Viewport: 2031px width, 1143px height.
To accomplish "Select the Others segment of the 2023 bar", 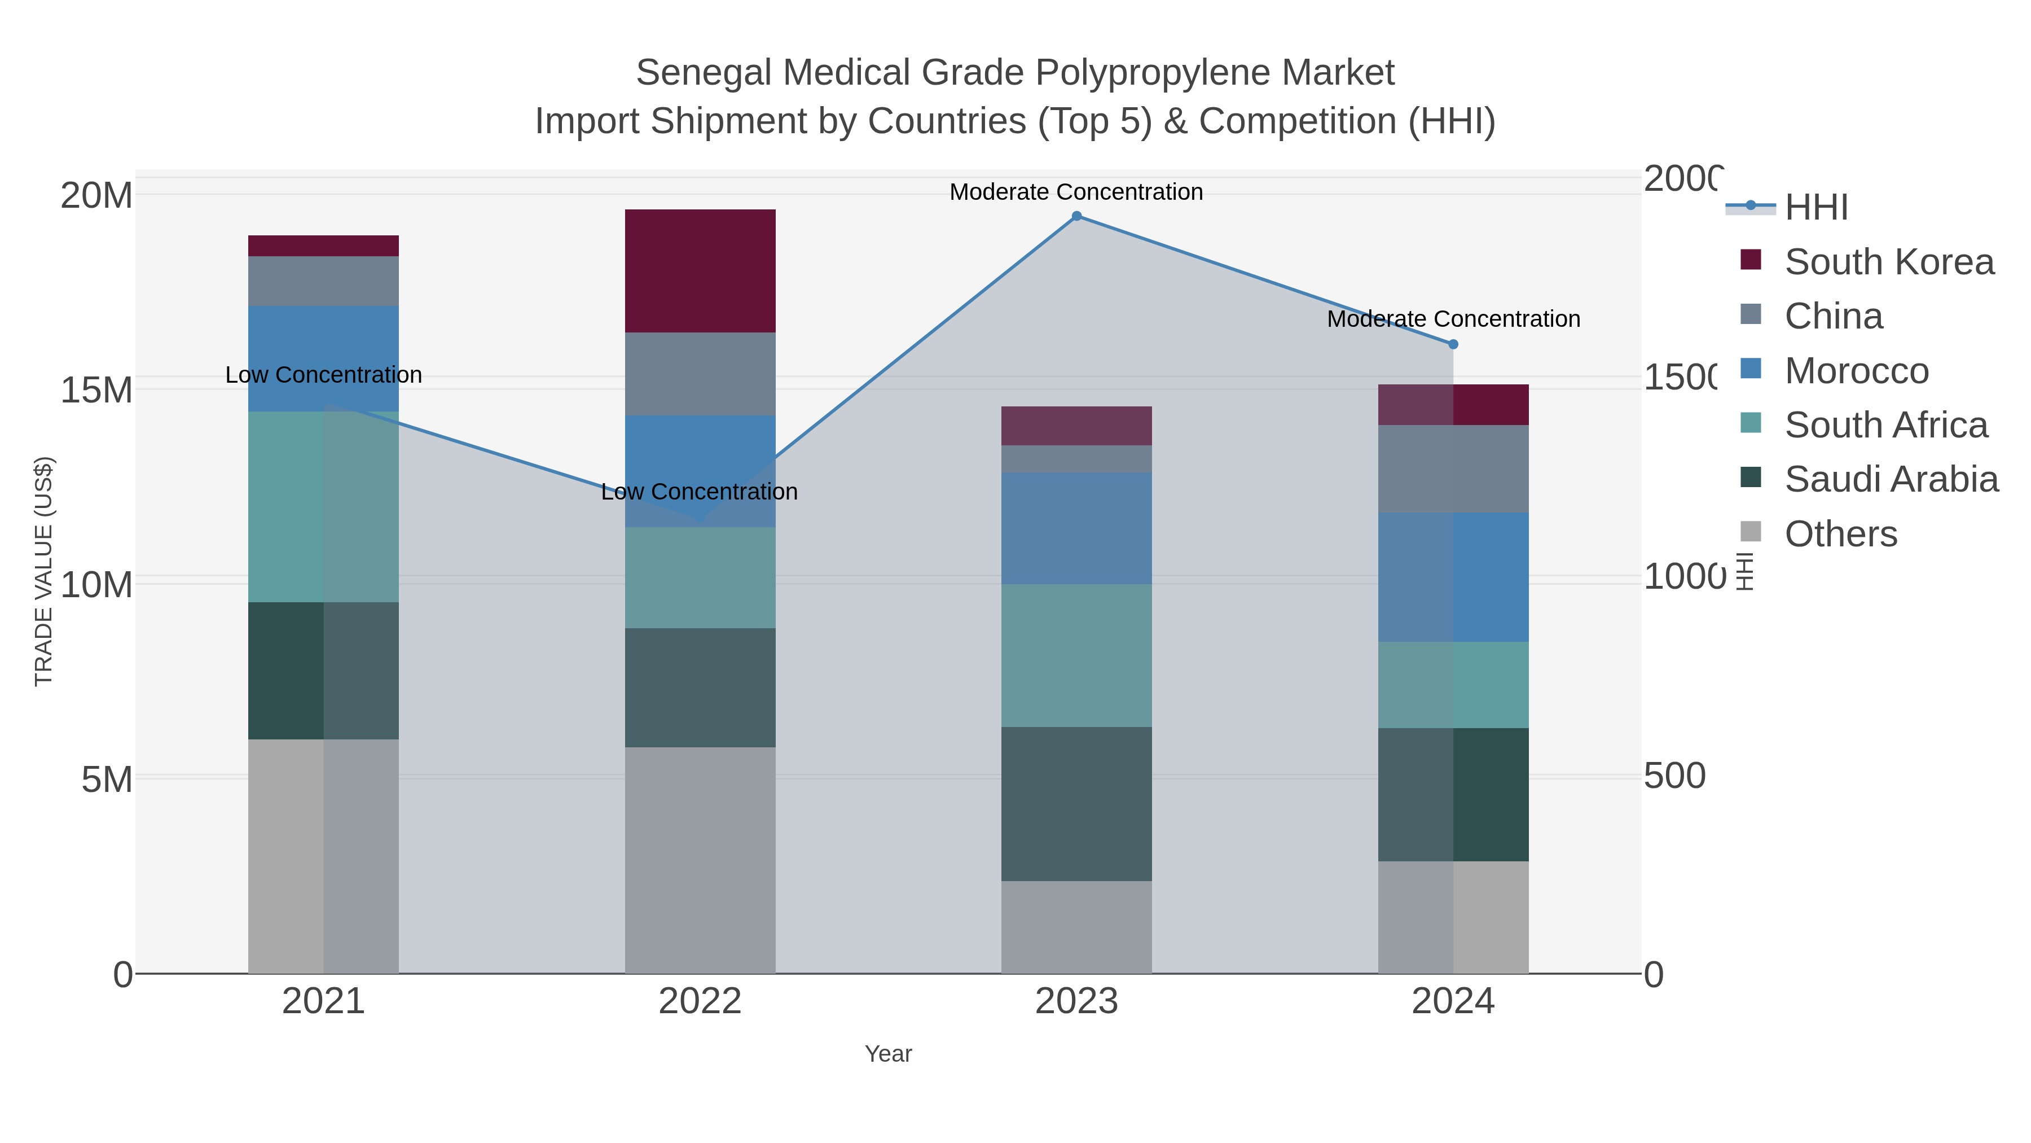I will point(1076,927).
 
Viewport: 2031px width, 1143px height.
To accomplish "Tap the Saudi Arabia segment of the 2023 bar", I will point(1076,804).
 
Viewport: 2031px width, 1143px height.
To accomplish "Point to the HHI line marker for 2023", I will point(1076,216).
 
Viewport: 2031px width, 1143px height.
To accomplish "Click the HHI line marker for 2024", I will point(1453,344).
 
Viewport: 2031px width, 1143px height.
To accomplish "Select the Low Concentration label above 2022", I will point(700,492).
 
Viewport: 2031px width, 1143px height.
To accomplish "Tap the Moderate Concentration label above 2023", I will point(1076,192).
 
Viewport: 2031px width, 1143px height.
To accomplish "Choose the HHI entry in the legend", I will point(1815,207).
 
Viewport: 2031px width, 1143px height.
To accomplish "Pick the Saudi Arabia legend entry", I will point(1891,479).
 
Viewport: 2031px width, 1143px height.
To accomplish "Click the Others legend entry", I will point(1840,534).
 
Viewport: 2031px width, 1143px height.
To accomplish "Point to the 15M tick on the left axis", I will point(96,389).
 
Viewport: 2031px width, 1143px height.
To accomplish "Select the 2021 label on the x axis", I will point(323,1002).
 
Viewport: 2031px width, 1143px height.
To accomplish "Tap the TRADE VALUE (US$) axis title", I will point(43,571).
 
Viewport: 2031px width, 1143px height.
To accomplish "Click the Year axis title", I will point(888,1054).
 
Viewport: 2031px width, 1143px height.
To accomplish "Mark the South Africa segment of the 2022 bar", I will point(700,577).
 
